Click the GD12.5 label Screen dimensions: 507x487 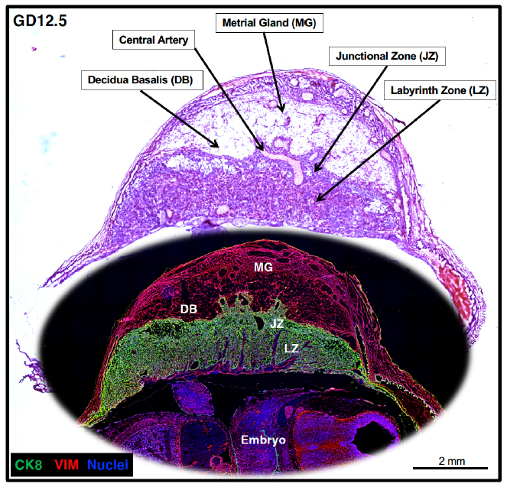(40, 21)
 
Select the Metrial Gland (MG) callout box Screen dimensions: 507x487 (269, 23)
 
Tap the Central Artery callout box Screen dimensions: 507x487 (154, 40)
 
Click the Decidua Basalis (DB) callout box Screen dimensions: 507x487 (142, 80)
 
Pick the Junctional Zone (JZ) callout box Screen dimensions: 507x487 (387, 57)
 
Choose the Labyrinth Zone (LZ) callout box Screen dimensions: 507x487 (440, 90)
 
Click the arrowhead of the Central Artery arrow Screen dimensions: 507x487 (261, 148)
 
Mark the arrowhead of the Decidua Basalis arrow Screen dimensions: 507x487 (216, 144)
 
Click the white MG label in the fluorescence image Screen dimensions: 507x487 (263, 268)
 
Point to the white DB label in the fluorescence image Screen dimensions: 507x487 (189, 310)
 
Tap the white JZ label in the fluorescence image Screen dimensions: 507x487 (277, 323)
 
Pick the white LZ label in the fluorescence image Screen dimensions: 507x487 (291, 349)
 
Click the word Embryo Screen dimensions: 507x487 (263, 440)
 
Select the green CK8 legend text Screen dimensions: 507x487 (28, 465)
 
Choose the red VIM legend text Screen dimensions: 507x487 (67, 465)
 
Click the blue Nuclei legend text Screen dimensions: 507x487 (108, 465)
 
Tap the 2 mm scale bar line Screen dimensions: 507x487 (450, 468)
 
